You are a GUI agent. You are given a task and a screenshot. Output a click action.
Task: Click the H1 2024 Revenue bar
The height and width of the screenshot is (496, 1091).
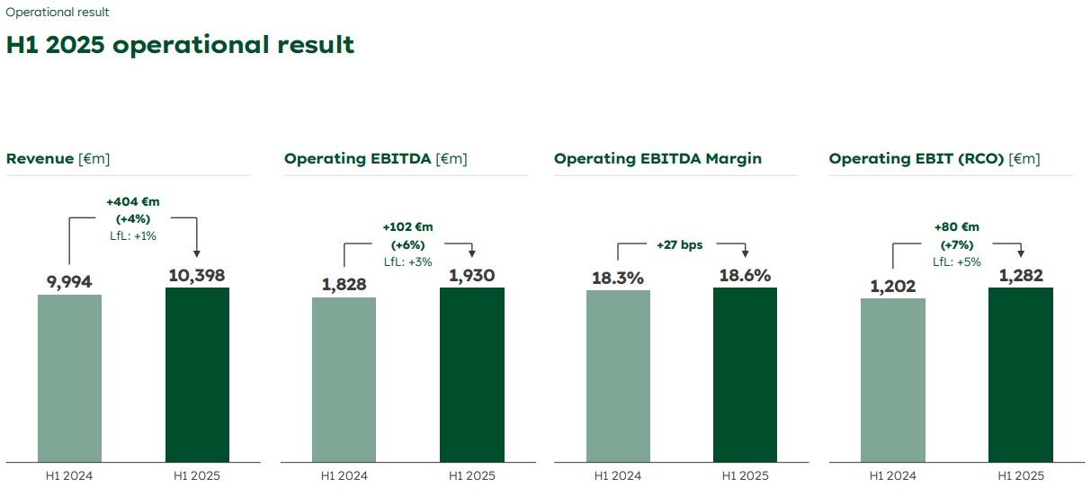pos(69,378)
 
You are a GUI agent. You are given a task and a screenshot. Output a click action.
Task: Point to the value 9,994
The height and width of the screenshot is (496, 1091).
pos(69,282)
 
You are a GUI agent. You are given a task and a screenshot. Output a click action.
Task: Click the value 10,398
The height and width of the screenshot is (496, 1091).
pos(197,275)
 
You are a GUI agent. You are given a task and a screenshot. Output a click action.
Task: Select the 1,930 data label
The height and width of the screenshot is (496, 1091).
pos(472,275)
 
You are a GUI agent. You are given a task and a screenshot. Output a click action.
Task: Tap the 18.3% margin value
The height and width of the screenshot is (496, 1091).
pos(617,278)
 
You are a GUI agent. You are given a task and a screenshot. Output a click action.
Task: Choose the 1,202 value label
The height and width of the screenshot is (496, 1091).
pos(892,286)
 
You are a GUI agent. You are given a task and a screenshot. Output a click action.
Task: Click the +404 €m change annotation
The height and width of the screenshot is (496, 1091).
pos(132,202)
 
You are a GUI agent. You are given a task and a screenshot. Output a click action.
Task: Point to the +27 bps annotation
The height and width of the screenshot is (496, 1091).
pos(680,244)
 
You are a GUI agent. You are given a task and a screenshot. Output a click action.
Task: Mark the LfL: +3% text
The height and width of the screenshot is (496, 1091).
pos(407,261)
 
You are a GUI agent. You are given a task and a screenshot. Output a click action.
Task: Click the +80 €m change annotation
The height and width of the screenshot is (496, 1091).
pos(956,227)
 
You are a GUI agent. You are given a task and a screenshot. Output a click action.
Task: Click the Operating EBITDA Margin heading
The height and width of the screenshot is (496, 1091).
pos(657,159)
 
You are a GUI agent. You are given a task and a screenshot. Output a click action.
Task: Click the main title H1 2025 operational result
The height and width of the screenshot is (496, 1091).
pos(180,45)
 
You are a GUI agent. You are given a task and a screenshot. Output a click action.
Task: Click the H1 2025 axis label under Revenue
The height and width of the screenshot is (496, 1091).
pos(197,476)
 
